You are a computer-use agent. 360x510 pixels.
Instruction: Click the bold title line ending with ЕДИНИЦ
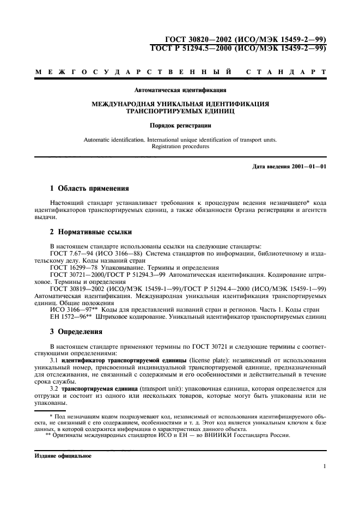pos(180,110)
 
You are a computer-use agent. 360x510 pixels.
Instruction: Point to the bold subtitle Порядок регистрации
pos(180,125)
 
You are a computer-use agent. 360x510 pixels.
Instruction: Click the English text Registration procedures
pos(180,147)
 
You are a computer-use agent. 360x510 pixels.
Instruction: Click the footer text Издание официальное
pos(60,456)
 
